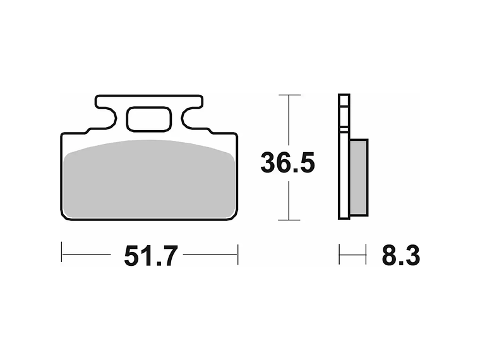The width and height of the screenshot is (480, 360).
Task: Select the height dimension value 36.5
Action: click(x=287, y=164)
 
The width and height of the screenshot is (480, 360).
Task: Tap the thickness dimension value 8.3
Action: click(x=400, y=256)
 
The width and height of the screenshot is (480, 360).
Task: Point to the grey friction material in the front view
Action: click(x=149, y=180)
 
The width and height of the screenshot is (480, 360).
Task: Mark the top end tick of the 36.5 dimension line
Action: click(x=289, y=95)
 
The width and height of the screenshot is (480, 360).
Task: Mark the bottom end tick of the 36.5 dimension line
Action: click(x=289, y=220)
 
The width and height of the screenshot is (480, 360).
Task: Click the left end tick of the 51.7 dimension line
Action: click(x=62, y=255)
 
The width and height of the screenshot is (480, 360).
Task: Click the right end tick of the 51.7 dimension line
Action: click(x=237, y=255)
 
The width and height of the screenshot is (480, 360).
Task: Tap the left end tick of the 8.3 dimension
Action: click(x=340, y=255)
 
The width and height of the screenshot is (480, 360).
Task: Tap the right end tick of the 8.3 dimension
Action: click(x=366, y=255)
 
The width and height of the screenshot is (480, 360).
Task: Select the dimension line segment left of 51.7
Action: click(x=87, y=255)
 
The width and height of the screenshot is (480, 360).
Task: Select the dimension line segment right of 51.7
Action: click(x=210, y=255)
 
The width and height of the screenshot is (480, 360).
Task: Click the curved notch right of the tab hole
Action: click(x=185, y=119)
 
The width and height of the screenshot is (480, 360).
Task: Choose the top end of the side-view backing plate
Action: click(x=344, y=96)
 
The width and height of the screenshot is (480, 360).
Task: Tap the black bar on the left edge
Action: click(x=30, y=180)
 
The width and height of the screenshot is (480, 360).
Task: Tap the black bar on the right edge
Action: click(x=450, y=180)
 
